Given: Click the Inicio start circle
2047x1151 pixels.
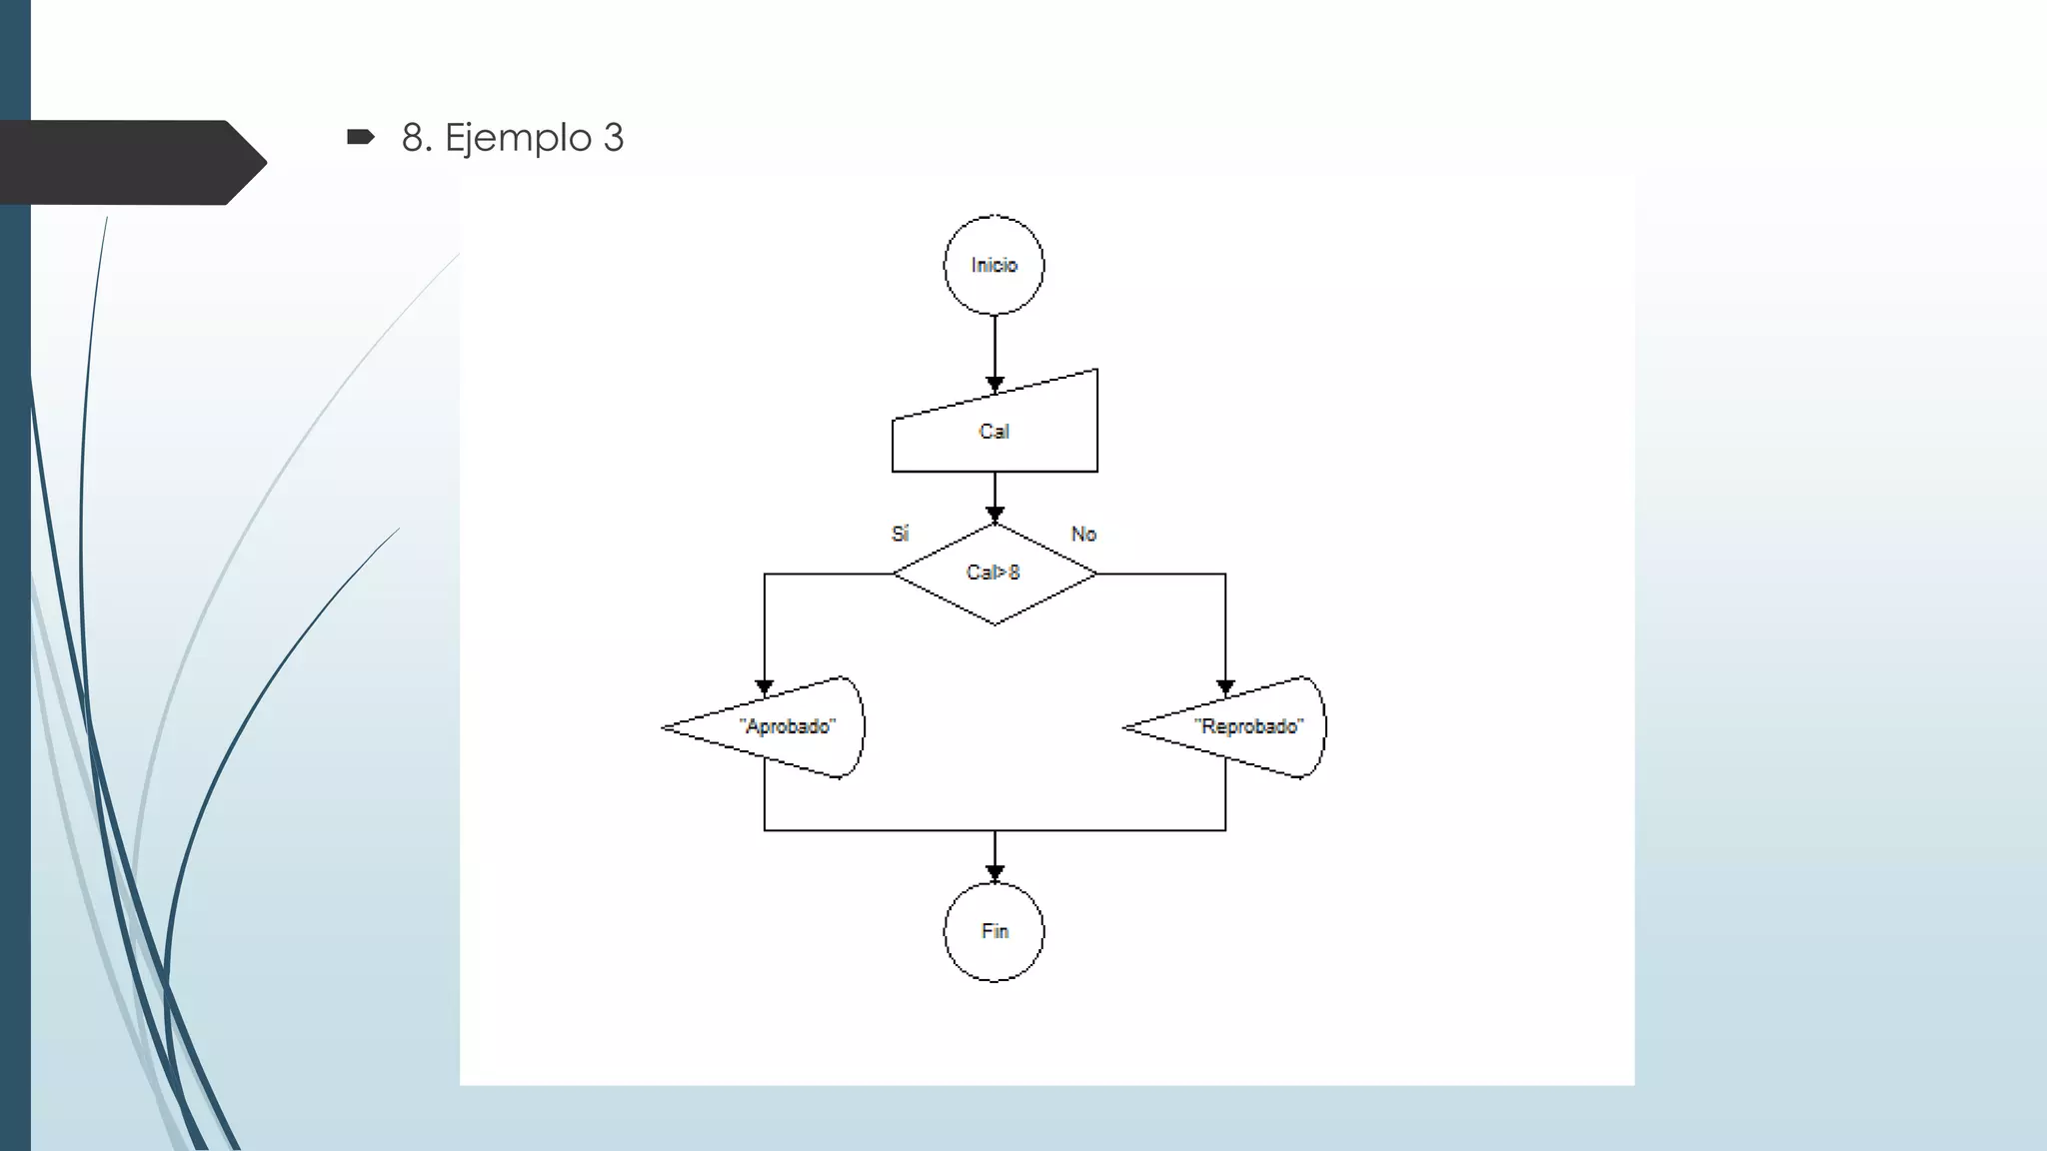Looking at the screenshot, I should click(x=994, y=265).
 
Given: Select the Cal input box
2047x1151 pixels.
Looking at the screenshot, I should click(x=995, y=431).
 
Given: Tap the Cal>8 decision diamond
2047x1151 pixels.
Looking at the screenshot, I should click(x=995, y=574).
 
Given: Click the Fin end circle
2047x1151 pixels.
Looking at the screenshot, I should click(x=995, y=931).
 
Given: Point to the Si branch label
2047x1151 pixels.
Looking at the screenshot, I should click(x=900, y=534).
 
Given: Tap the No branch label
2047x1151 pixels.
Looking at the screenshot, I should click(x=1083, y=534).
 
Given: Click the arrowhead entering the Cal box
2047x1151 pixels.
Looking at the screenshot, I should click(x=995, y=384).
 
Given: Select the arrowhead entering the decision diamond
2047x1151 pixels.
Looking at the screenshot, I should click(x=995, y=515).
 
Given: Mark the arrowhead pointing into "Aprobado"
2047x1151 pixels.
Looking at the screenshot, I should click(x=765, y=687).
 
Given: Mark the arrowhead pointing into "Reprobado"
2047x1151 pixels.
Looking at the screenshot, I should click(x=1225, y=687).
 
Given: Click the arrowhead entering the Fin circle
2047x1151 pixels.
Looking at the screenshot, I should click(x=995, y=873).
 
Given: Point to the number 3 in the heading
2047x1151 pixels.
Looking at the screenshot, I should click(x=613, y=138).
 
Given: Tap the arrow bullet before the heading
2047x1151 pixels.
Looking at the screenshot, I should click(x=360, y=137).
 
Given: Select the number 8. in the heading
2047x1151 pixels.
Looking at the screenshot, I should click(x=417, y=138).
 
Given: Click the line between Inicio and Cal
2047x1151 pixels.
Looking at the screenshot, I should click(x=995, y=345).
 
